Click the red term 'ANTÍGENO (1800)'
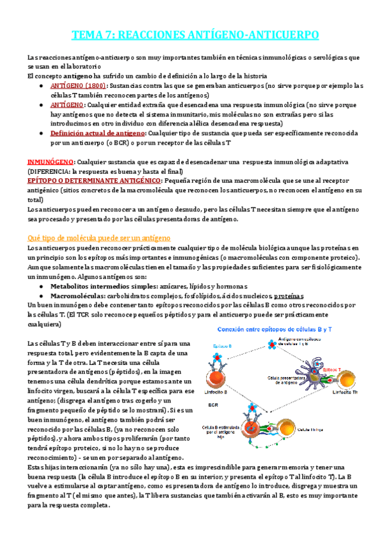(x=78, y=85)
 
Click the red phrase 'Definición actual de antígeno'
(x=97, y=133)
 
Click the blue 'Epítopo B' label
(x=222, y=345)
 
